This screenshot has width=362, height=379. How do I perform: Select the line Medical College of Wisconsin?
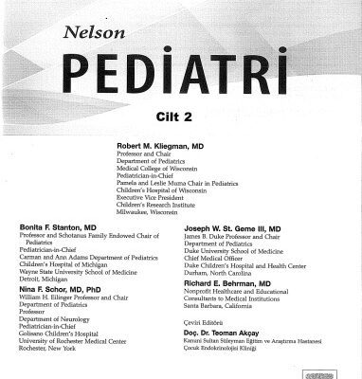[x=158, y=169]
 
